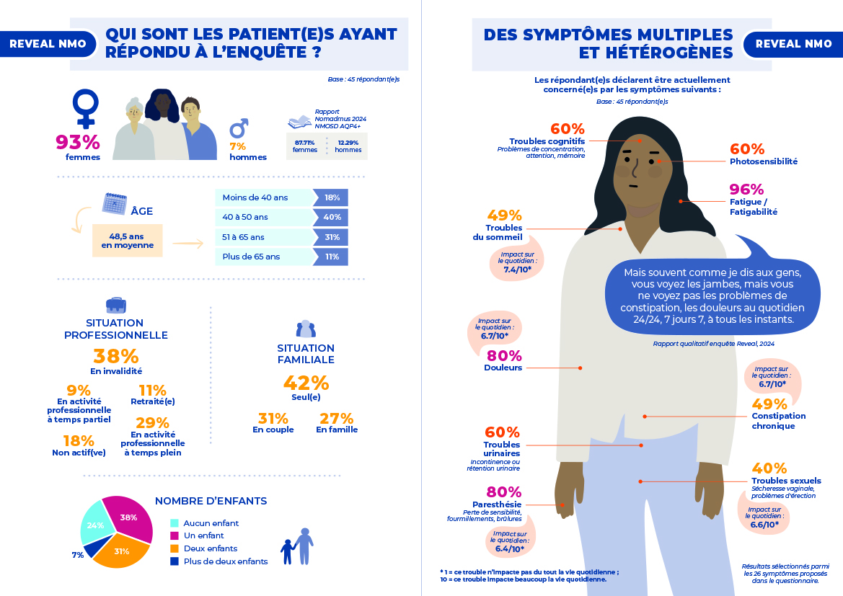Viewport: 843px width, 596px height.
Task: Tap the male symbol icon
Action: [x=239, y=128]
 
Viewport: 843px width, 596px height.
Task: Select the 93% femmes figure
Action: [x=78, y=141]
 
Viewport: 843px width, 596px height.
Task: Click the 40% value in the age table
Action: [x=332, y=217]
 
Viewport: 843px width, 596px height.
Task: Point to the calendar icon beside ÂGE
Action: [x=115, y=203]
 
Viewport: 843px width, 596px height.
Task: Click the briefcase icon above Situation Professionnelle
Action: [x=115, y=304]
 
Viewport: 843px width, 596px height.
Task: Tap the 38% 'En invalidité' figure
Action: [x=115, y=356]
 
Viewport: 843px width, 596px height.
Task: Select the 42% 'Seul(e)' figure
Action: [x=306, y=383]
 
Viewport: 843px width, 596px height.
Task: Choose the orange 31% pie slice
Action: [x=120, y=552]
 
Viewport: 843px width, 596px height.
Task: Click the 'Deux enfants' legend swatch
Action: [x=174, y=548]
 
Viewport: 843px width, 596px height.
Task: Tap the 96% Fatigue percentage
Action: [x=746, y=190]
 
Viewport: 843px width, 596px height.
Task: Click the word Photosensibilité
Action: [x=764, y=162]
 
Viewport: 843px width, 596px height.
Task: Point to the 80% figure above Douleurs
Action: [x=504, y=355]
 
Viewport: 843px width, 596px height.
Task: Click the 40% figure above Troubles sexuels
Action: [x=769, y=468]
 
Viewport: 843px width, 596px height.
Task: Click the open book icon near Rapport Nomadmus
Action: [x=299, y=121]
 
